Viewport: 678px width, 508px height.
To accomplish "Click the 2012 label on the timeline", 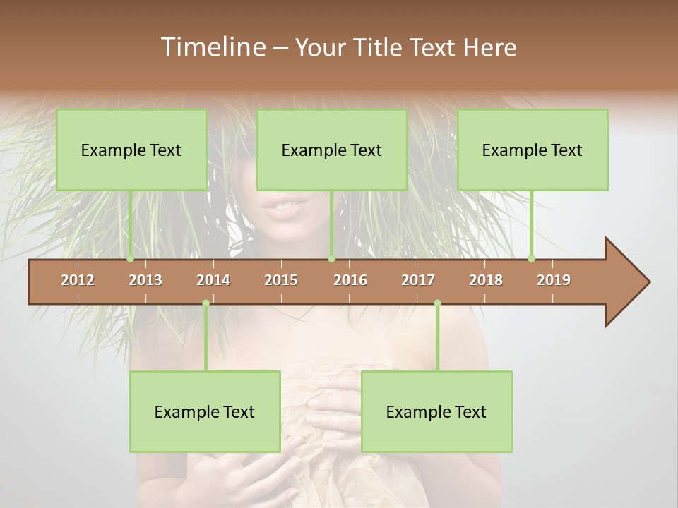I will (78, 280).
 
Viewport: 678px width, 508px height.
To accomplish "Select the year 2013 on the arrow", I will (145, 280).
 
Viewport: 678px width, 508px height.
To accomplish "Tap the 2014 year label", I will (213, 280).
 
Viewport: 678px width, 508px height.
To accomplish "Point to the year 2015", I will (281, 280).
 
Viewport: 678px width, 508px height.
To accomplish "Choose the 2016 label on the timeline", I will (350, 280).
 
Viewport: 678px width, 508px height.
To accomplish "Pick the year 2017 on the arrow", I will (418, 280).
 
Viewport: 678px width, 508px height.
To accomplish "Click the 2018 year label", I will (486, 280).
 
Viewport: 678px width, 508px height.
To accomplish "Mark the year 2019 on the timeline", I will (554, 280).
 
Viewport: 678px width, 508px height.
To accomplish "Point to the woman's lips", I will (287, 206).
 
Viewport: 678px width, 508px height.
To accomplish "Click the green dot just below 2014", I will (206, 303).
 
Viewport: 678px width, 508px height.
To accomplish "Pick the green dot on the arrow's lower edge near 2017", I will (437, 303).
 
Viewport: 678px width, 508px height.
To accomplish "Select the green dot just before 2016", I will (331, 259).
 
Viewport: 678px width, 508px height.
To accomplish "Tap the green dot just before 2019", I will (532, 259).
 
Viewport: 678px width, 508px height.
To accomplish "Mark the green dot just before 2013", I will (131, 259).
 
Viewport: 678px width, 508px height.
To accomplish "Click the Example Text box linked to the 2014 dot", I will (205, 411).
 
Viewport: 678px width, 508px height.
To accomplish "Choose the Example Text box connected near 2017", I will (436, 411).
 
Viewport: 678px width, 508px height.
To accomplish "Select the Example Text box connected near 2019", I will (533, 150).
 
